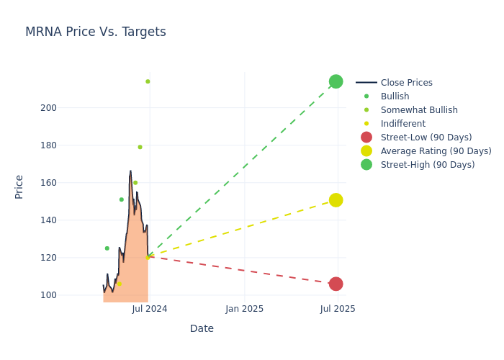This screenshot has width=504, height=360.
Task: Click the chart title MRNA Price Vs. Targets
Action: (96, 32)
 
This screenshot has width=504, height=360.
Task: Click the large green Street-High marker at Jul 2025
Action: (336, 81)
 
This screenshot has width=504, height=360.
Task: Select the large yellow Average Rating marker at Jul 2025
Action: (336, 200)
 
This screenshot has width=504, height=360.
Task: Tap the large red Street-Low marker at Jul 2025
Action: (336, 284)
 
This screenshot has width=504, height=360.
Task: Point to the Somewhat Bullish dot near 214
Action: (148, 81)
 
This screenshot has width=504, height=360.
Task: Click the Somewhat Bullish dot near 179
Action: (140, 147)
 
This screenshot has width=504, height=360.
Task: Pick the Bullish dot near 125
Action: (107, 248)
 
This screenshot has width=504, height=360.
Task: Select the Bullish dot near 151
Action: (121, 199)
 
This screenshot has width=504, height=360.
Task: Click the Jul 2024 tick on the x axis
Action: (150, 309)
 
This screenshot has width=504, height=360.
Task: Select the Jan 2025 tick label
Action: (244, 309)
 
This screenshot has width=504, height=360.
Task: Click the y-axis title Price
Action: (19, 186)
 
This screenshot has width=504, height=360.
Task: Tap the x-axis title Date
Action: (202, 328)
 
